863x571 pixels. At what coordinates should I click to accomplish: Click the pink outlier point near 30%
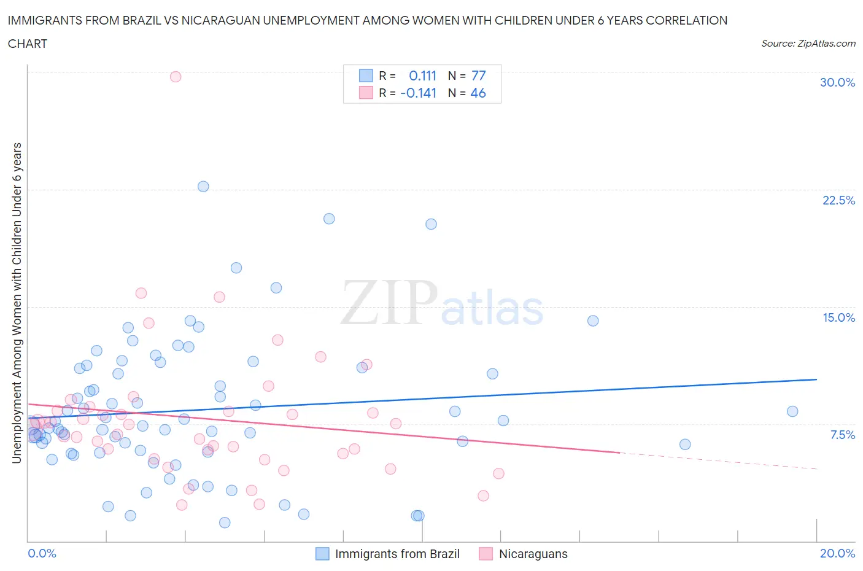[x=176, y=77]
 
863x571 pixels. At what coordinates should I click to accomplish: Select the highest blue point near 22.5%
[x=203, y=187]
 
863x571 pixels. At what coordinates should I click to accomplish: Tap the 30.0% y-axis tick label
[x=837, y=83]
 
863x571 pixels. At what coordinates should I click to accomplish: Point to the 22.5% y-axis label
[x=838, y=201]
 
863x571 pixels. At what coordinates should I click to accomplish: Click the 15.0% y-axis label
[x=838, y=318]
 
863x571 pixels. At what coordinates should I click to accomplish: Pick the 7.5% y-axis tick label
[x=842, y=435]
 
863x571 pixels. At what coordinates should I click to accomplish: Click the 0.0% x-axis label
[x=42, y=554]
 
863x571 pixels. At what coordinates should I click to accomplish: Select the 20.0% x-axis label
[x=837, y=554]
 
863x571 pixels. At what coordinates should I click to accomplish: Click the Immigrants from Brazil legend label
[x=397, y=554]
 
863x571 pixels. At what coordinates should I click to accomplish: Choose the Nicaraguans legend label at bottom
[x=533, y=554]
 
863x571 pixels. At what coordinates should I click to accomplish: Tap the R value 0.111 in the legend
[x=422, y=76]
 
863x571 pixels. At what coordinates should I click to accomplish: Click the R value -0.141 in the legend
[x=418, y=93]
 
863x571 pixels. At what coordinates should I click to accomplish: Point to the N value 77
[x=479, y=76]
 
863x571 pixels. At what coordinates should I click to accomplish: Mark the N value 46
[x=478, y=93]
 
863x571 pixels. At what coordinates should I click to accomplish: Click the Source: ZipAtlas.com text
[x=808, y=44]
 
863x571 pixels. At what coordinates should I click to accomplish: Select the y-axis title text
[x=17, y=303]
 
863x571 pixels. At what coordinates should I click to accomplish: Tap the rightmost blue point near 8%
[x=792, y=411]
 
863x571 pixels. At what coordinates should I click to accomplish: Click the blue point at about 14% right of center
[x=593, y=320]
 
